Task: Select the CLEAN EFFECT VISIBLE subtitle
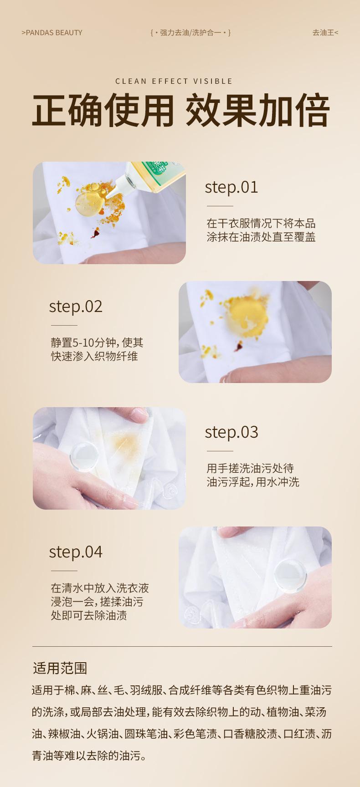174,81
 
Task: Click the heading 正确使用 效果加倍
180,111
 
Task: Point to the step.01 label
231,187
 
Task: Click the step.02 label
76,307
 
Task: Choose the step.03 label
231,432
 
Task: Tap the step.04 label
76,552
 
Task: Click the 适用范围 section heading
60,668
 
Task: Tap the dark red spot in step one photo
95,234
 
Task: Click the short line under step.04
64,571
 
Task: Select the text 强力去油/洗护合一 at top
190,33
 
